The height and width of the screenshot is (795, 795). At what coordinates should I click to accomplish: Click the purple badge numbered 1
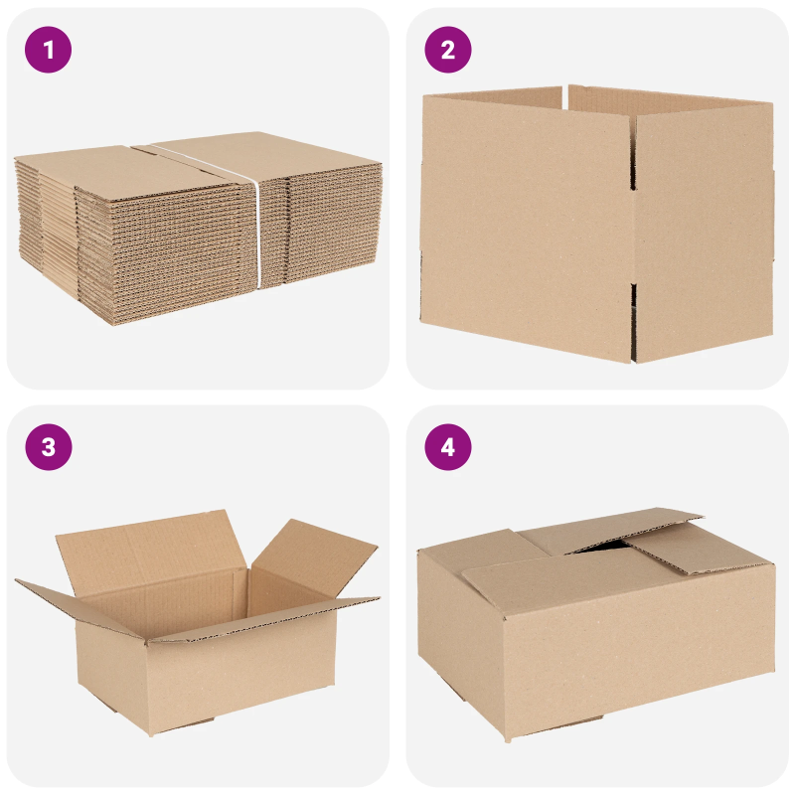pyautogui.click(x=49, y=50)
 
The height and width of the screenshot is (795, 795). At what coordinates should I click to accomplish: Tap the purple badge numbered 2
pyautogui.click(x=447, y=50)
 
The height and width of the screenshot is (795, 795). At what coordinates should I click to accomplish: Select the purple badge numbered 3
pyautogui.click(x=49, y=447)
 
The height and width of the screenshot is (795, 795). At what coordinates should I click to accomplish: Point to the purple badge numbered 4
pyautogui.click(x=447, y=447)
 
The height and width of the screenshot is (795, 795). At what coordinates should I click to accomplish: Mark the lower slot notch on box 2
pyautogui.click(x=632, y=298)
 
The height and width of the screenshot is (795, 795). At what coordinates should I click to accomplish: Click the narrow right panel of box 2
pyautogui.click(x=701, y=229)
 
